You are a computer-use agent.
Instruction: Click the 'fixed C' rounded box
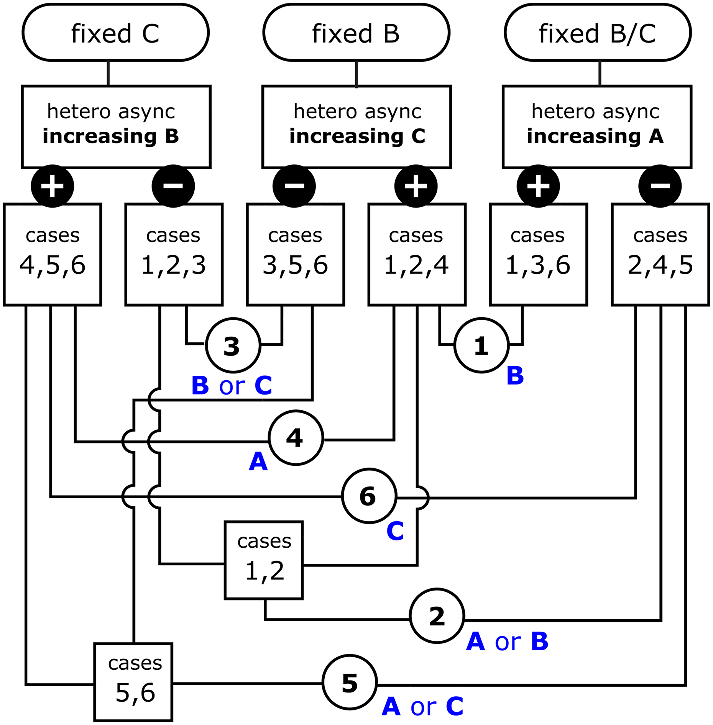pos(115,33)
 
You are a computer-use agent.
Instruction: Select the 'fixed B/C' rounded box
pos(598,33)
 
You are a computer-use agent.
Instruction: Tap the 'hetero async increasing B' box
pos(116,127)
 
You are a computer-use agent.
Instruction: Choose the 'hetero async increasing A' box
pos(597,127)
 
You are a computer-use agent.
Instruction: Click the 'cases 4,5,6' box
pos(53,254)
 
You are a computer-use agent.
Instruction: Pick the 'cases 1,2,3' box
pos(174,254)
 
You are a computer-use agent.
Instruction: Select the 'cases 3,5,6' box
pos(296,254)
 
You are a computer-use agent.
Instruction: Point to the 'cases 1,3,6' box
pos(538,254)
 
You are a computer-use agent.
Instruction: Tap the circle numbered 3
pos(233,345)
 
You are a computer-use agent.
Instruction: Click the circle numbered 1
pos(481,345)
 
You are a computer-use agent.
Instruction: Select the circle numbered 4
pos(296,437)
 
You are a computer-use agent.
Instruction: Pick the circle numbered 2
pos(437,616)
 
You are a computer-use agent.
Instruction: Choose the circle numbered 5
pos(350,682)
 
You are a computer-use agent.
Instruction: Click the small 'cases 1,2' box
pos(264,560)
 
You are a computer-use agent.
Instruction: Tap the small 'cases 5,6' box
pos(133,682)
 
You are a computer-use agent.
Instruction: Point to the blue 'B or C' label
pos(232,385)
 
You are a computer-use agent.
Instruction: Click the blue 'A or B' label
pos(507,641)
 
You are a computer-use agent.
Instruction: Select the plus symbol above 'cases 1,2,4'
pos(416,186)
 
